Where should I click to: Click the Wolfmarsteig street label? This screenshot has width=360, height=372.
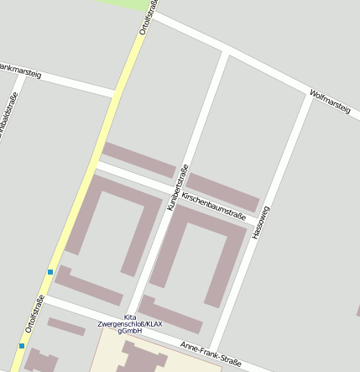pos(329,103)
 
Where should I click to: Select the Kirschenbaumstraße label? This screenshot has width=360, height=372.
pos(213,206)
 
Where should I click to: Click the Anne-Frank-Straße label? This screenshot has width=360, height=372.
pos(211,354)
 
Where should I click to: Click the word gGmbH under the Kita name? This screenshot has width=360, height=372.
pos(130,332)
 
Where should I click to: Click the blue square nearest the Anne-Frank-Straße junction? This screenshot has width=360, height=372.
pos(50,272)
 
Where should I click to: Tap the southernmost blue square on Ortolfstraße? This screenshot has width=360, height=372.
pos(21,345)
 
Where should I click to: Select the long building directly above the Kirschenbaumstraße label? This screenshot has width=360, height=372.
pos(222,191)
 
